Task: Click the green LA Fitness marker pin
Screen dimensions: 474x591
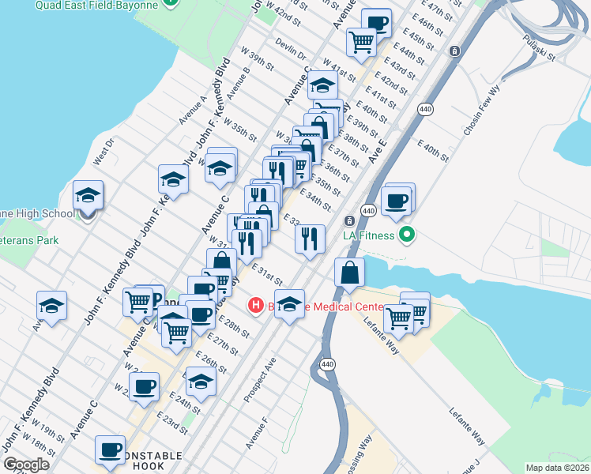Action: [x=407, y=235]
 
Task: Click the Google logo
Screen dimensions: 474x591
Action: [x=26, y=465]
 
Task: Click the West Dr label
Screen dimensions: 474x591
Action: [x=104, y=152]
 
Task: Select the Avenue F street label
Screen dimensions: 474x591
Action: [x=257, y=434]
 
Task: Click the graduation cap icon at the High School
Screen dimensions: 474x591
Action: [x=88, y=196]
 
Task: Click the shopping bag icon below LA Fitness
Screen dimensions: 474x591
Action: [x=349, y=273]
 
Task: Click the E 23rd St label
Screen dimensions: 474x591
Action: [x=171, y=423]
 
